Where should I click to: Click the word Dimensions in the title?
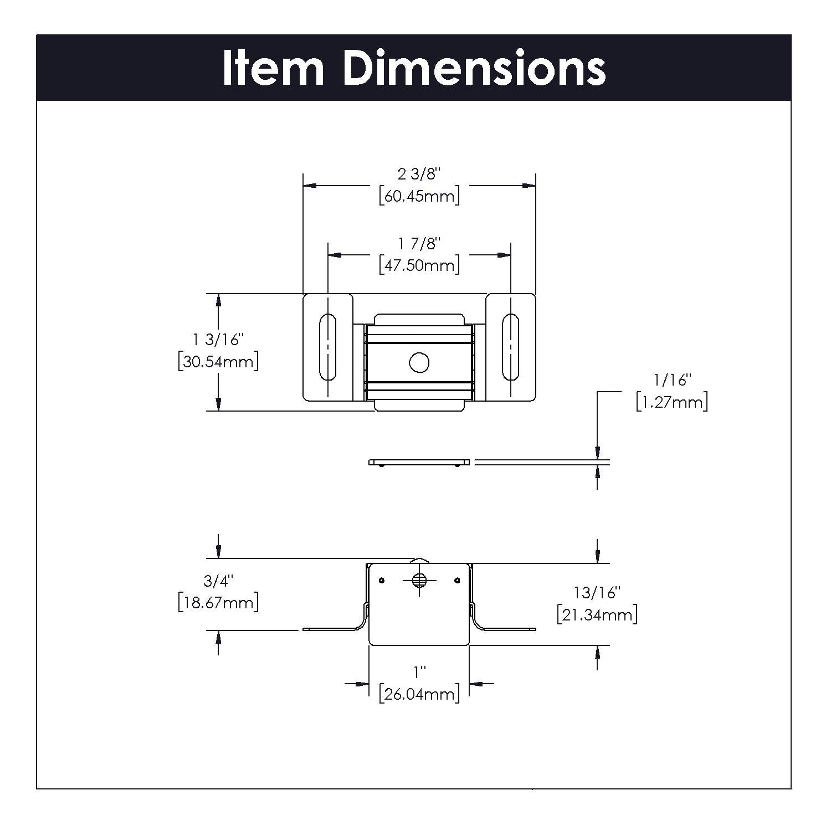tap(474, 68)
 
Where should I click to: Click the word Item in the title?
tap(273, 68)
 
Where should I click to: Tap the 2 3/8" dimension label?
tap(419, 174)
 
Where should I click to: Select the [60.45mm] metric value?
tap(419, 196)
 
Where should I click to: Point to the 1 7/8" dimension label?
tap(419, 243)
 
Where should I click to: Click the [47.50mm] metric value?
tap(419, 265)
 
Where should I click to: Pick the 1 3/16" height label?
tap(218, 340)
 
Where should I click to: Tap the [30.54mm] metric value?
tap(218, 362)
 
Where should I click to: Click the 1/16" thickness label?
tap(673, 380)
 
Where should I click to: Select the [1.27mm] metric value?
tap(672, 402)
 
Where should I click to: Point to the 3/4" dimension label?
tap(218, 581)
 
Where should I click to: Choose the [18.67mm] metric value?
tap(218, 602)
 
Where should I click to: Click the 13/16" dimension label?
tap(597, 593)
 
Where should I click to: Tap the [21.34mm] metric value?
tap(597, 615)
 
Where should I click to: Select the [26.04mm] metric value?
tap(419, 694)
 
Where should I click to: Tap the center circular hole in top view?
tap(419, 363)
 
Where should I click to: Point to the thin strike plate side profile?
tap(419, 463)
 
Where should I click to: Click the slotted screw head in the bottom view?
tap(419, 580)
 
